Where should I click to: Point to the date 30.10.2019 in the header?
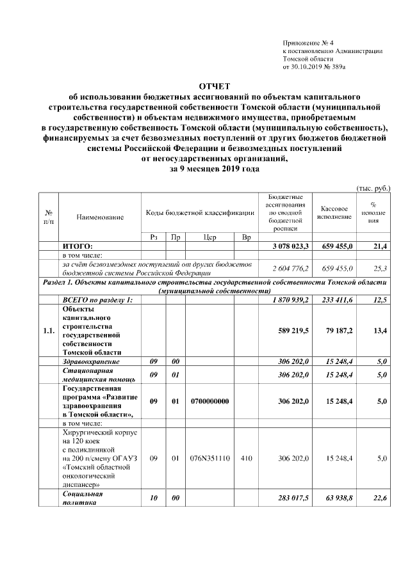tap(307, 66)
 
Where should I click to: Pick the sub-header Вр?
tap(246, 237)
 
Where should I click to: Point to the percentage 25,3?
tap(378, 268)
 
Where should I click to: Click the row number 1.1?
tap(48, 331)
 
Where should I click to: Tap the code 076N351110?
tap(209, 458)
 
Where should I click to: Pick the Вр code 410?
tap(246, 458)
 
